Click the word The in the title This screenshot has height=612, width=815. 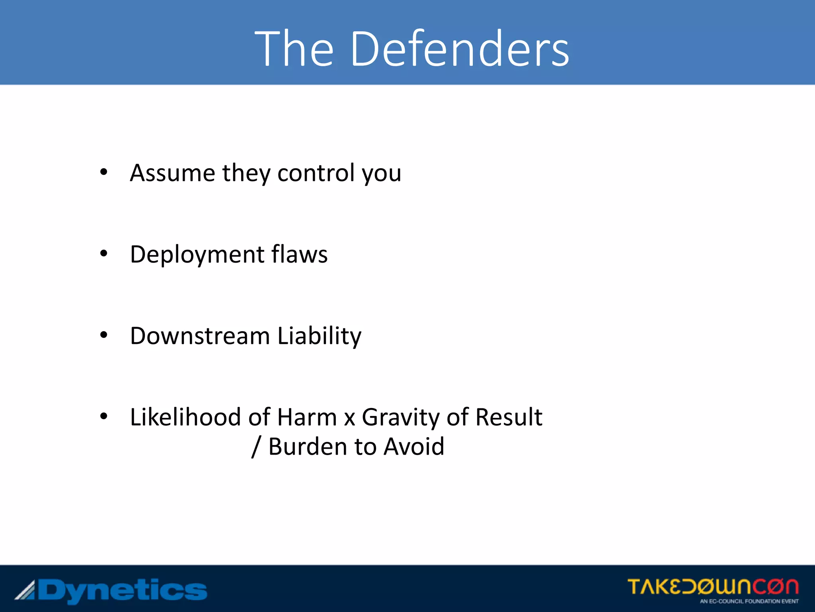tap(294, 49)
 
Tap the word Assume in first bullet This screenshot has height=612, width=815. tap(172, 173)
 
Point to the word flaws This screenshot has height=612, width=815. tap(300, 255)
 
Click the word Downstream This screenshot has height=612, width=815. tap(200, 336)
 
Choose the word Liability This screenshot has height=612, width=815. tap(319, 336)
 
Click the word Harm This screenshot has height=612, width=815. tap(307, 417)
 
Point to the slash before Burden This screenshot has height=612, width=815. tap(256, 447)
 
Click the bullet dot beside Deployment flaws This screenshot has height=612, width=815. tap(104, 253)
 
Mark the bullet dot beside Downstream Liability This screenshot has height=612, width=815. tap(104, 335)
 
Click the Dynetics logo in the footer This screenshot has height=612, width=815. tap(111, 590)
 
